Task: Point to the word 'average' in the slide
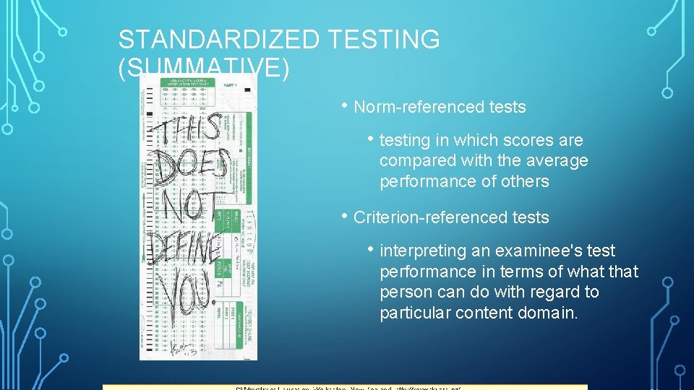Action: (554, 160)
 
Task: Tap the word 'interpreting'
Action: (420, 251)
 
